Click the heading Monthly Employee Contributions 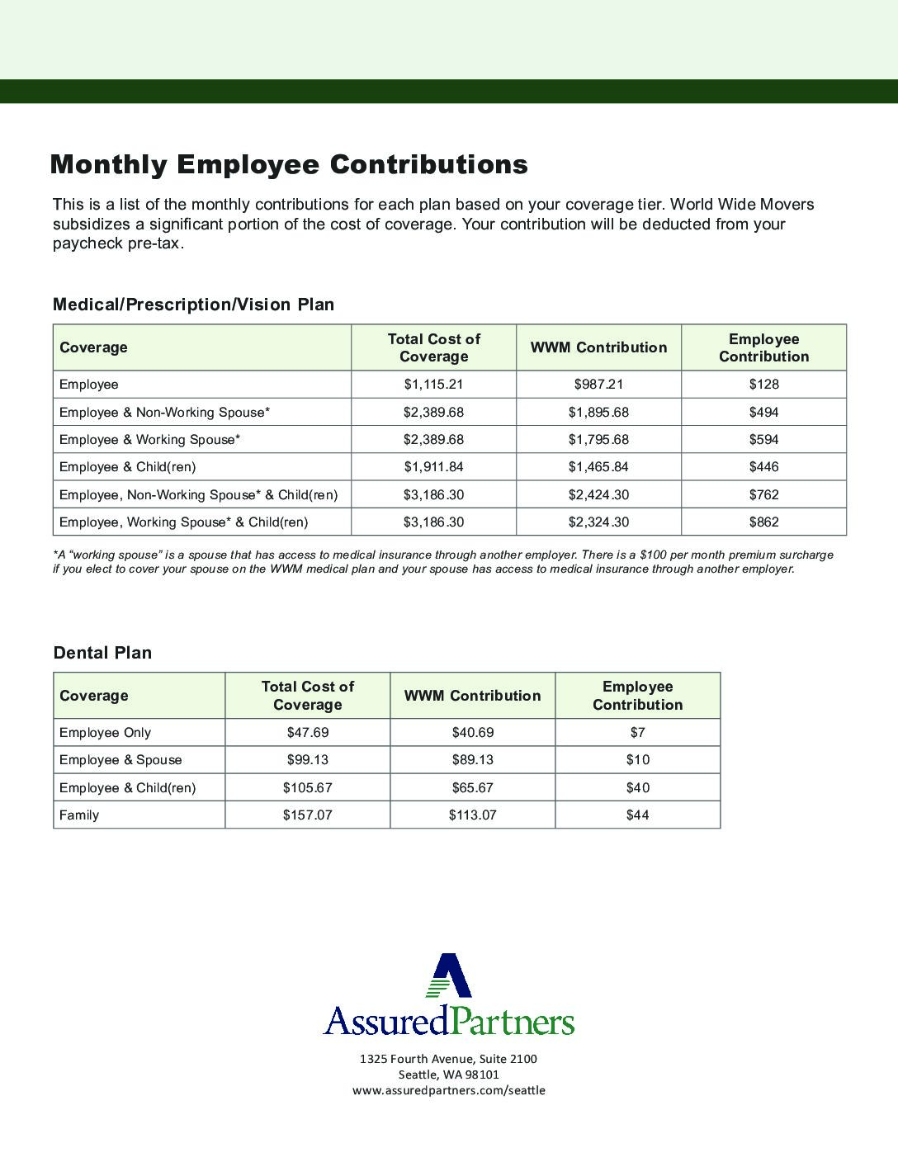pyautogui.click(x=289, y=164)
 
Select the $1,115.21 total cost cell pyautogui.click(x=433, y=385)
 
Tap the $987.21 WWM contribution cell pyautogui.click(x=598, y=385)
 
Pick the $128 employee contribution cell pyautogui.click(x=763, y=385)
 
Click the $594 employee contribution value pyautogui.click(x=763, y=440)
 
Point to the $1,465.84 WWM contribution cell pyautogui.click(x=598, y=467)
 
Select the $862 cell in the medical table pyautogui.click(x=763, y=522)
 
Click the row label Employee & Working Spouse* pyautogui.click(x=149, y=440)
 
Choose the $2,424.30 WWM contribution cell pyautogui.click(x=598, y=495)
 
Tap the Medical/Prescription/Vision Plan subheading pyautogui.click(x=193, y=305)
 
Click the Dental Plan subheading pyautogui.click(x=102, y=653)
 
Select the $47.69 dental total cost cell pyautogui.click(x=307, y=733)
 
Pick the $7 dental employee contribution pyautogui.click(x=637, y=733)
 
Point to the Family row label pyautogui.click(x=79, y=815)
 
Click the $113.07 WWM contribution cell pyautogui.click(x=472, y=815)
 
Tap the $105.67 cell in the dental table pyautogui.click(x=307, y=788)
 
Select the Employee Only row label pyautogui.click(x=105, y=733)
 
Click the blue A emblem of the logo pyautogui.click(x=450, y=977)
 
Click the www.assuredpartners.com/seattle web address pyautogui.click(x=448, y=1090)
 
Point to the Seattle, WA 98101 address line pyautogui.click(x=448, y=1075)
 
